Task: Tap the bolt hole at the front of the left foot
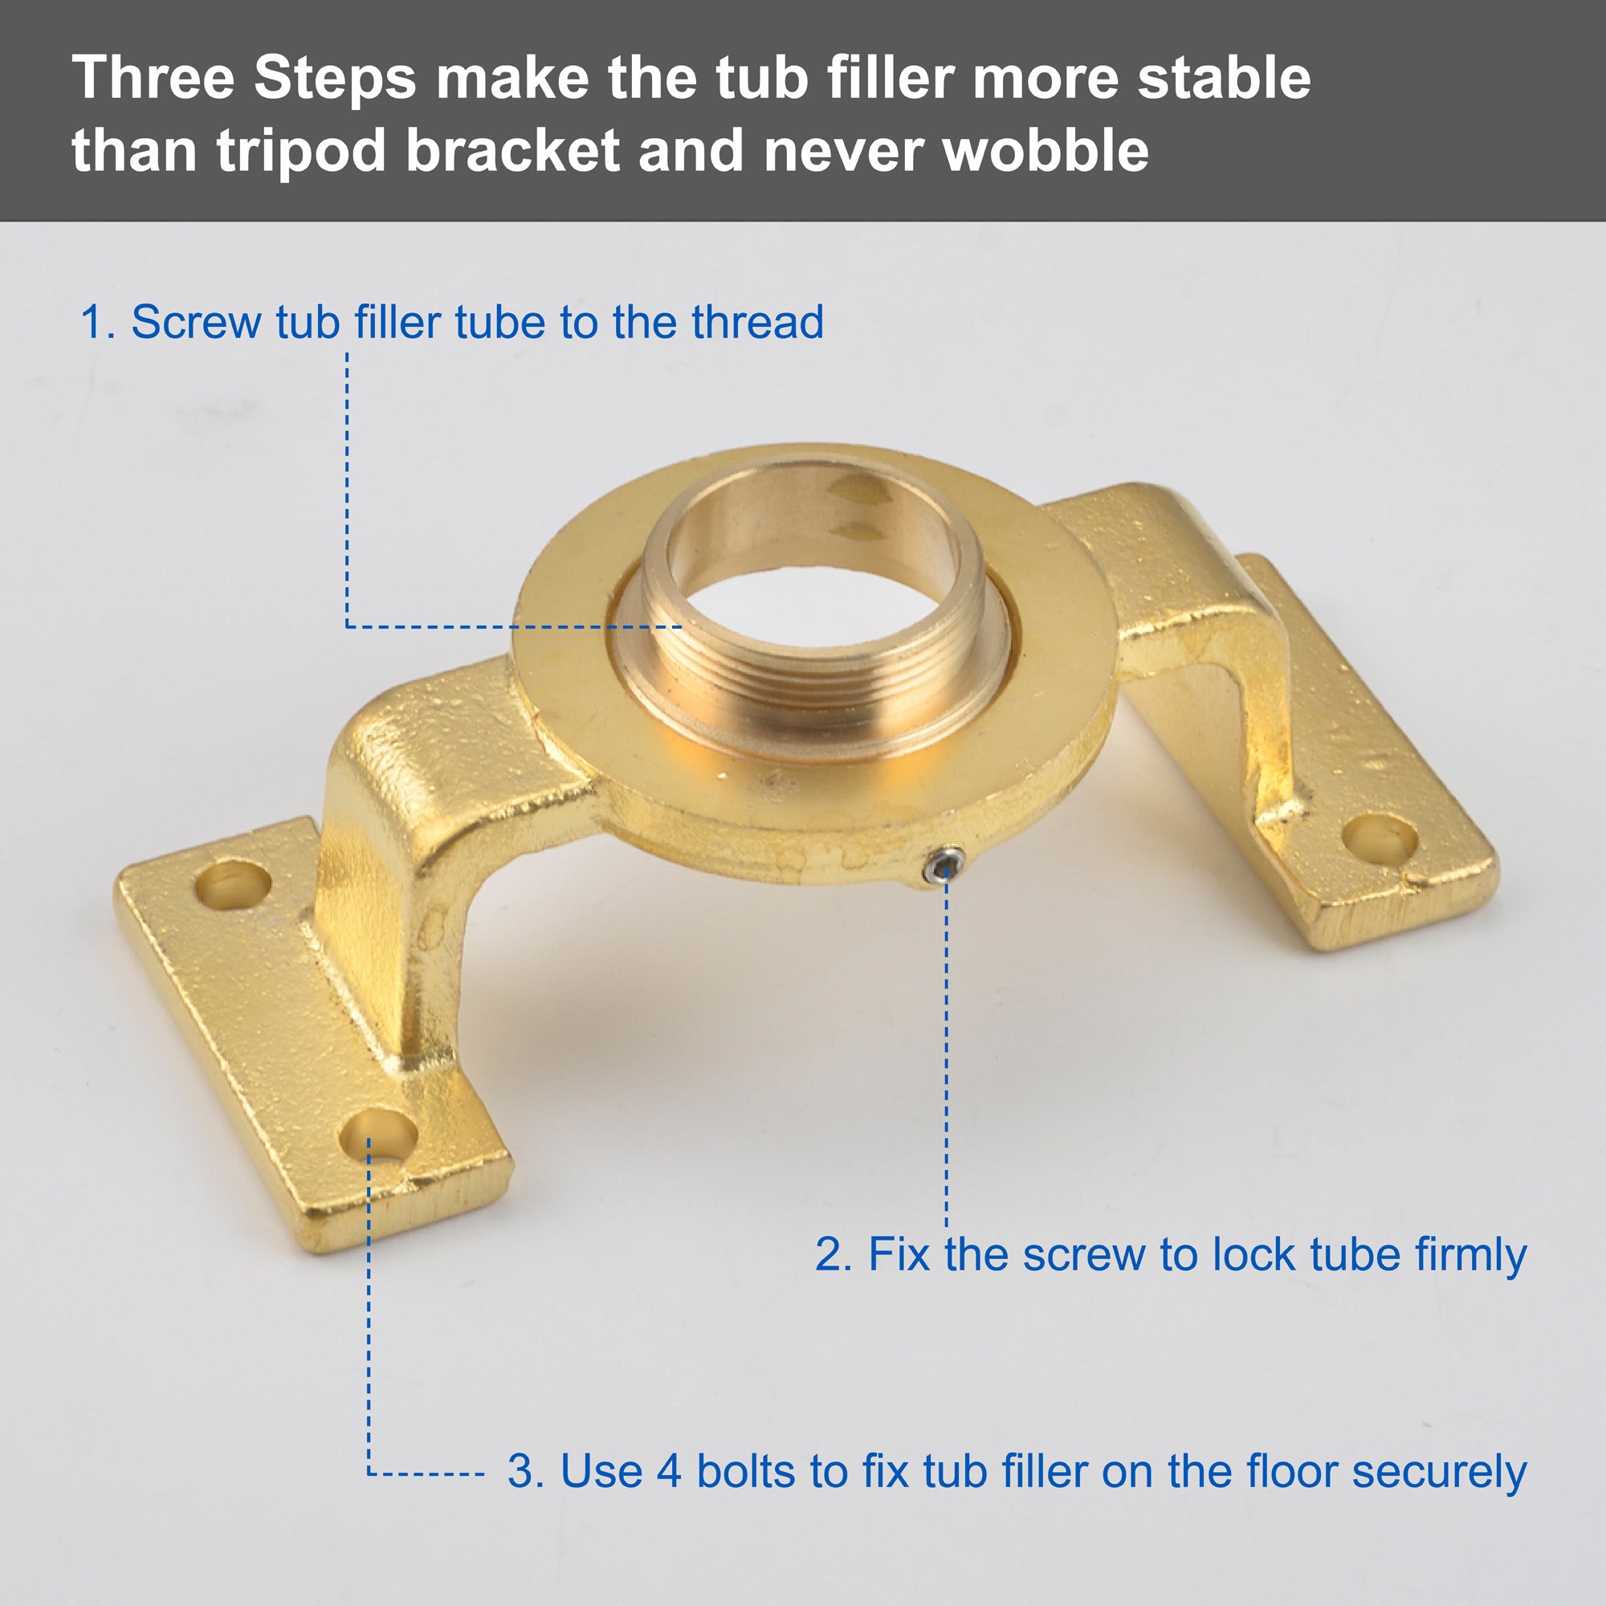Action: pyautogui.click(x=378, y=1135)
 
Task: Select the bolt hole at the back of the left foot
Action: pyautogui.click(x=234, y=883)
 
